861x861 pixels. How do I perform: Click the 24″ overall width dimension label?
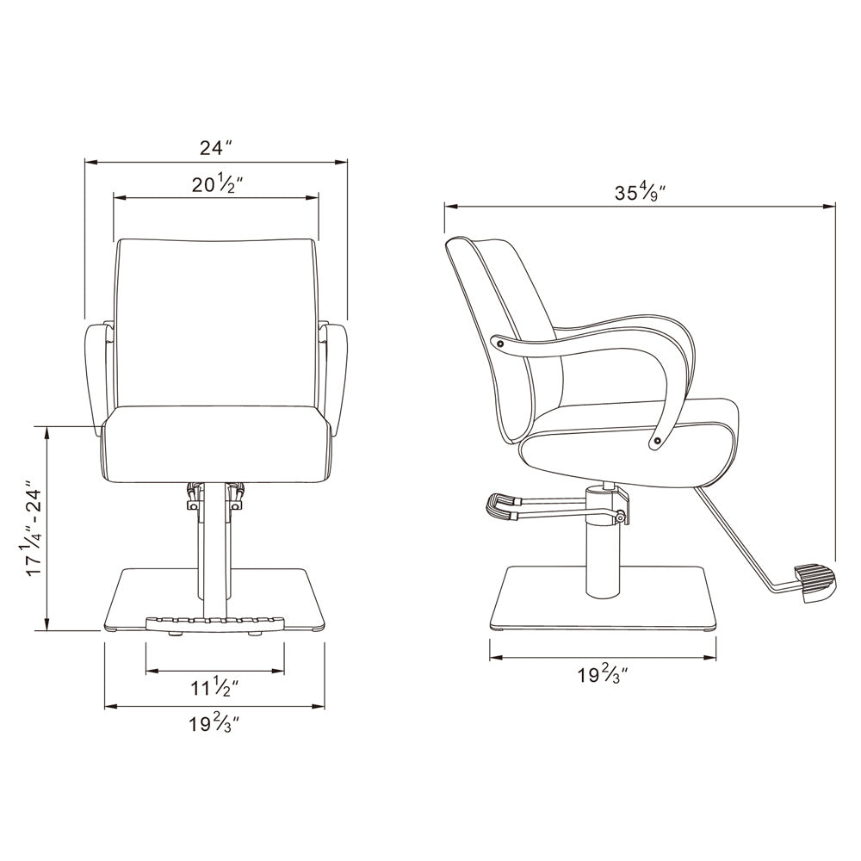coord(216,148)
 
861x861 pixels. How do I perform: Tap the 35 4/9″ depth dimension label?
coord(640,193)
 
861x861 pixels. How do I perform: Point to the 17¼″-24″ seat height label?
coord(34,530)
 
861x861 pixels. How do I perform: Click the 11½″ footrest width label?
coord(214,687)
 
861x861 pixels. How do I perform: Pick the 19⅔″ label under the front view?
coord(214,724)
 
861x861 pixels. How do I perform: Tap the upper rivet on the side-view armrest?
coord(499,344)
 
